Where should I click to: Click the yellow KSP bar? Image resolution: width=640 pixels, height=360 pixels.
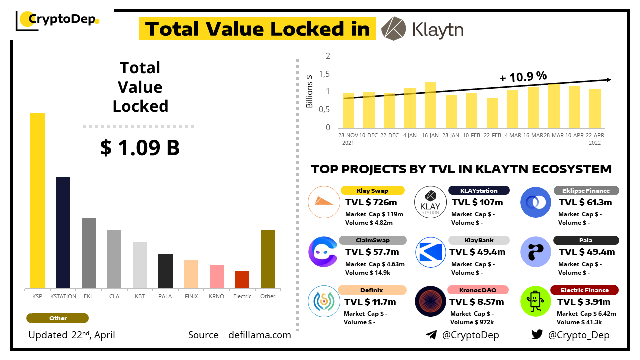coord(37,200)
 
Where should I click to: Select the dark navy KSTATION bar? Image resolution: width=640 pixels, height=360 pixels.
coord(63,233)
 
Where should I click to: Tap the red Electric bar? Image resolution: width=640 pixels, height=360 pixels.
coord(242,280)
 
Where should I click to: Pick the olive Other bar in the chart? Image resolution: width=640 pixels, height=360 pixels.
coord(268,259)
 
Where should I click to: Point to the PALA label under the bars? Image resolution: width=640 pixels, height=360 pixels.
coord(165,296)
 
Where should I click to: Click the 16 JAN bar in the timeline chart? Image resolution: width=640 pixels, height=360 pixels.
coord(430,105)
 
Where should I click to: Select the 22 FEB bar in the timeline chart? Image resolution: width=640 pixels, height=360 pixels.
coord(492,113)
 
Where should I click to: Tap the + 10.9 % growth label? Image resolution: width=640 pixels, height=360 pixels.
coord(523,76)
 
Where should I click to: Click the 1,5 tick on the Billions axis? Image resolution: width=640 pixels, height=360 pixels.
coord(325,74)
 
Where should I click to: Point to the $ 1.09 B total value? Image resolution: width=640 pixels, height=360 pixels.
coord(140,148)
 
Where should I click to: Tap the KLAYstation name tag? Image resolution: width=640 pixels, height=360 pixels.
coord(479,190)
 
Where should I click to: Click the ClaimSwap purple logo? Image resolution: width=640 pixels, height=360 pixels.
coord(323,251)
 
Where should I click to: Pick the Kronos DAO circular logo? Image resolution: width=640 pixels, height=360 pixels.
coord(430,301)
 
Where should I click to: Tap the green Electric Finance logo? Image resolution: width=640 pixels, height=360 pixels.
coord(535,301)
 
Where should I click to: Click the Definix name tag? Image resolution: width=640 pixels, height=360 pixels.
coord(372,290)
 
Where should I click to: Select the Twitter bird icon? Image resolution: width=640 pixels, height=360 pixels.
coord(537,335)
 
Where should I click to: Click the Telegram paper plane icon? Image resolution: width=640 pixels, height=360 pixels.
coord(431,335)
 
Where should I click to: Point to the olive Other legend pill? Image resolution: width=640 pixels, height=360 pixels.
coord(58,318)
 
